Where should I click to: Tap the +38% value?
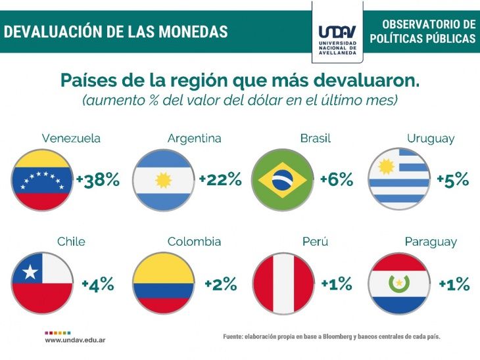(x=98, y=180)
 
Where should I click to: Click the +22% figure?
(x=220, y=180)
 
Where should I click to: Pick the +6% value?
(x=336, y=180)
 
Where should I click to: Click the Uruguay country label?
(x=431, y=139)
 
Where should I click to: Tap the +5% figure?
(x=452, y=180)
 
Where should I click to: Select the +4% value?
(x=98, y=284)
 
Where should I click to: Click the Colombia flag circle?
(x=163, y=284)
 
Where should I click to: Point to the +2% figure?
(x=219, y=284)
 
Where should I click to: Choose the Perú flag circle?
(x=283, y=284)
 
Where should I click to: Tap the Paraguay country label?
(x=431, y=242)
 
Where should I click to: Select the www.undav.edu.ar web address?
(x=75, y=340)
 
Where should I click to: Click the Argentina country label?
(x=194, y=139)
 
